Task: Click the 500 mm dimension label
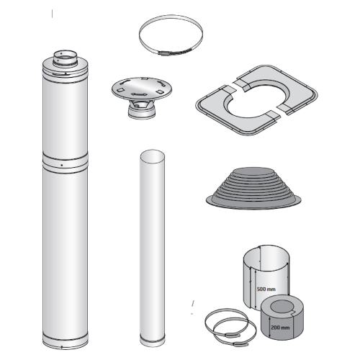[266, 289]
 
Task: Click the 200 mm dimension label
[280, 328]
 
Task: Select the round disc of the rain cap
[142, 87]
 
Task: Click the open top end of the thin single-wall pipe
[152, 156]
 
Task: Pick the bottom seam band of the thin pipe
[153, 339]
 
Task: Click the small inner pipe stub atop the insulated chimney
[65, 58]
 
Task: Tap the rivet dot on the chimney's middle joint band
[62, 165]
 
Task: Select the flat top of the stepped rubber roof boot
[253, 171]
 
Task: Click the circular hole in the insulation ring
[282, 307]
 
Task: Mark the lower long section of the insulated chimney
[66, 251]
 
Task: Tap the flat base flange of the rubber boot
[253, 203]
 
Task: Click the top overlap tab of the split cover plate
[241, 86]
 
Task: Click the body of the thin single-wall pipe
[153, 247]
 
